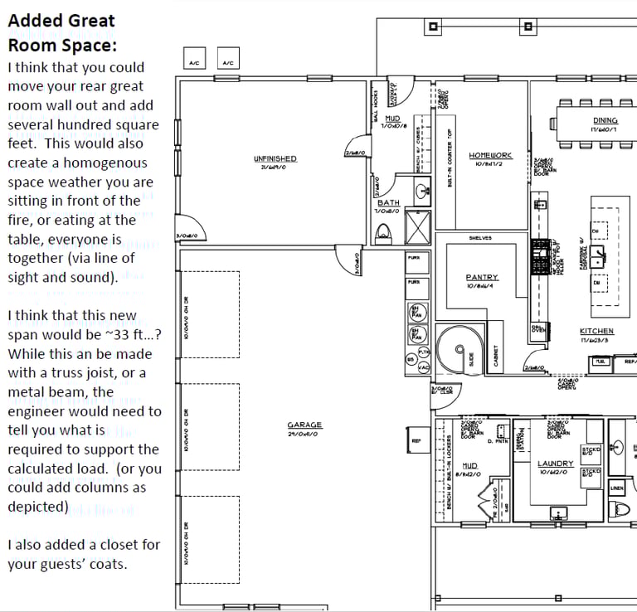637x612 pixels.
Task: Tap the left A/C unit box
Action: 193,58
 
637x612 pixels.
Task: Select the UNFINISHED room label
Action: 275,158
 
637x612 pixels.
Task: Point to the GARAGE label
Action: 304,425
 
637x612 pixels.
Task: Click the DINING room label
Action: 605,121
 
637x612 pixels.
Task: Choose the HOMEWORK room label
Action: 490,155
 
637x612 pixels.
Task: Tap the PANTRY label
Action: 481,278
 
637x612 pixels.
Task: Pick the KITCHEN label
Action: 596,331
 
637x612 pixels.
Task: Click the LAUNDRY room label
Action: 555,464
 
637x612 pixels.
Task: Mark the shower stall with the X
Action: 417,226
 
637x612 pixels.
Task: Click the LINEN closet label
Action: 616,488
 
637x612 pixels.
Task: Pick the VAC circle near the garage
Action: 423,367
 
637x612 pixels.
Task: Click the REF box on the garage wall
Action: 416,441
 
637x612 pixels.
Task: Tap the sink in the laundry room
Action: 559,514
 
